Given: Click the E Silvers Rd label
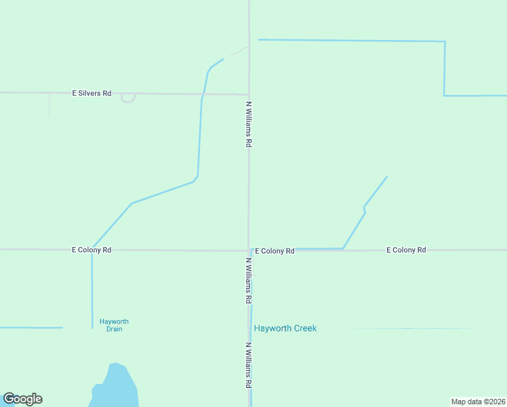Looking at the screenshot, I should tap(92, 93).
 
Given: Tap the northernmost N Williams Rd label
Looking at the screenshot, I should tap(249, 125).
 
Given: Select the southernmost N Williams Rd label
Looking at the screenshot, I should tap(249, 365).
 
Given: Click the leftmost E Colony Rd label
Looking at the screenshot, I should tap(92, 250).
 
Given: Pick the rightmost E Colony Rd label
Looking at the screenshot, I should tap(406, 250).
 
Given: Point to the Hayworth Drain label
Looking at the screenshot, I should tap(114, 326).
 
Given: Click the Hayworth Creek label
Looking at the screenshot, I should tap(285, 328).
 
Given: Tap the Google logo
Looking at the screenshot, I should tap(22, 399).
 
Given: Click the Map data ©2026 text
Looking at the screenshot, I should tap(478, 401).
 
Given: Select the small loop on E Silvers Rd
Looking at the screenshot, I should tap(128, 98).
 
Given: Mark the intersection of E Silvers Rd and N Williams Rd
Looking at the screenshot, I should tap(249, 94).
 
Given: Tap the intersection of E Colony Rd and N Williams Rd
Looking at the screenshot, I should tap(249, 250).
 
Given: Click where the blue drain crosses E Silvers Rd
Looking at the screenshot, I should tap(203, 94).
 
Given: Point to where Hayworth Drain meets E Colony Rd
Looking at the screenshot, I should tap(92, 250).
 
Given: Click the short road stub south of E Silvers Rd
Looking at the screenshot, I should tap(49, 105).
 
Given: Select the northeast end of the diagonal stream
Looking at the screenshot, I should tap(387, 177).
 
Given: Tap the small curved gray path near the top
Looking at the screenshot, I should tap(239, 51).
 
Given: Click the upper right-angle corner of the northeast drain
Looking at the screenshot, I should tap(445, 42).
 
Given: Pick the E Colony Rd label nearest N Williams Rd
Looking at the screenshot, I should tap(275, 251).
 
